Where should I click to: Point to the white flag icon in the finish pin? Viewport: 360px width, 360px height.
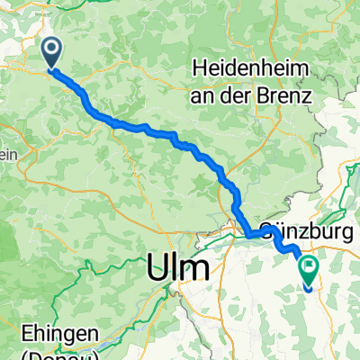point(309,265)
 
